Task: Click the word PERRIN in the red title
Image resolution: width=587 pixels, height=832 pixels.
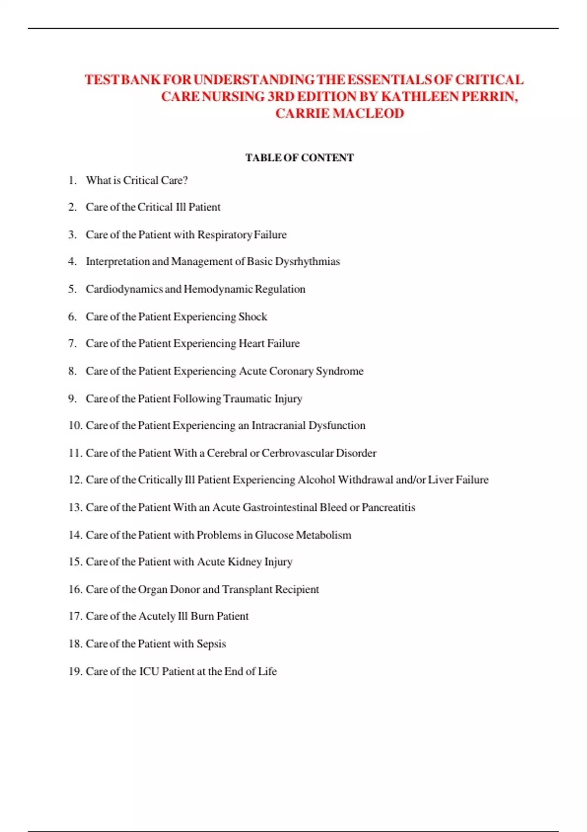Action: pos(489,96)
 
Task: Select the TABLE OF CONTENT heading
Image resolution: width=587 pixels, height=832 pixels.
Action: pos(299,158)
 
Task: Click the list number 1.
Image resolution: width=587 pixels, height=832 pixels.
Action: pos(72,180)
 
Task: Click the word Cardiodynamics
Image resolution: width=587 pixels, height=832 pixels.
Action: pos(124,289)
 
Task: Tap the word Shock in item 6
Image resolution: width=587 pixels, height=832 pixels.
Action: pos(252,317)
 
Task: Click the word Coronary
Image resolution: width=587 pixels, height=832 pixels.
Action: pos(291,371)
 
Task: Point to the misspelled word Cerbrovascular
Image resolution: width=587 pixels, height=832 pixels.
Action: pos(297,453)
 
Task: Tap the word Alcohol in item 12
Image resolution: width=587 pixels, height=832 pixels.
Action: pos(316,480)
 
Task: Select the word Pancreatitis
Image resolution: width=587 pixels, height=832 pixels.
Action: pos(388,507)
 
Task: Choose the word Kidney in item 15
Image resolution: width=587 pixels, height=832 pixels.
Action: pos(245,561)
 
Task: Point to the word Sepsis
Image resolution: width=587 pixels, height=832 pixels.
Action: pos(211,644)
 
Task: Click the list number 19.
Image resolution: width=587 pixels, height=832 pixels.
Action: pos(75,671)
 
